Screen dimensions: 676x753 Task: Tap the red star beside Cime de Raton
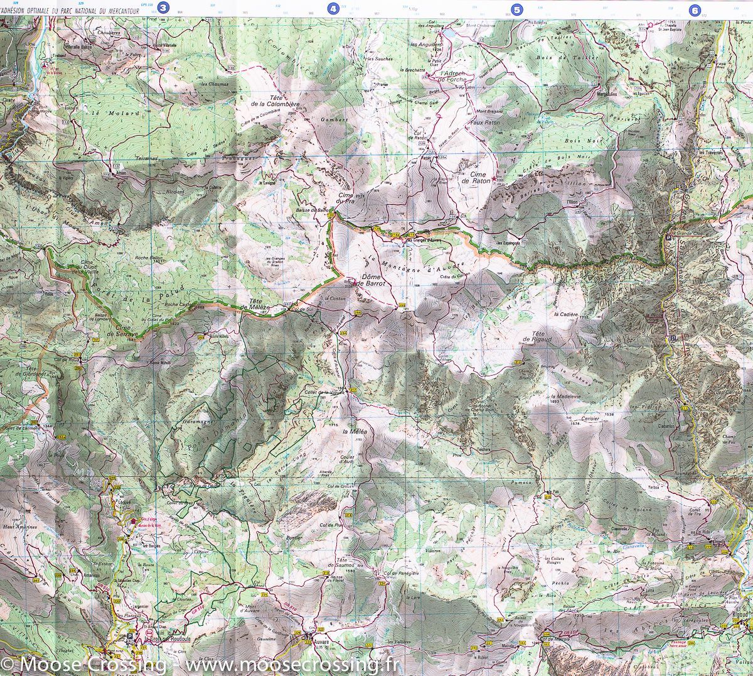pyautogui.click(x=494, y=180)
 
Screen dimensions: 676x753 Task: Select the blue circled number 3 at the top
pyautogui.click(x=164, y=8)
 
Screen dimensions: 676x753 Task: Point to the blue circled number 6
pyautogui.click(x=695, y=9)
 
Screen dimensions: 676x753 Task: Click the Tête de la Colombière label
pyautogui.click(x=267, y=100)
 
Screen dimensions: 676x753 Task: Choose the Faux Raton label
pyautogui.click(x=484, y=123)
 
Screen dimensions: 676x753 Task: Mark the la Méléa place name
pyautogui.click(x=354, y=433)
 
